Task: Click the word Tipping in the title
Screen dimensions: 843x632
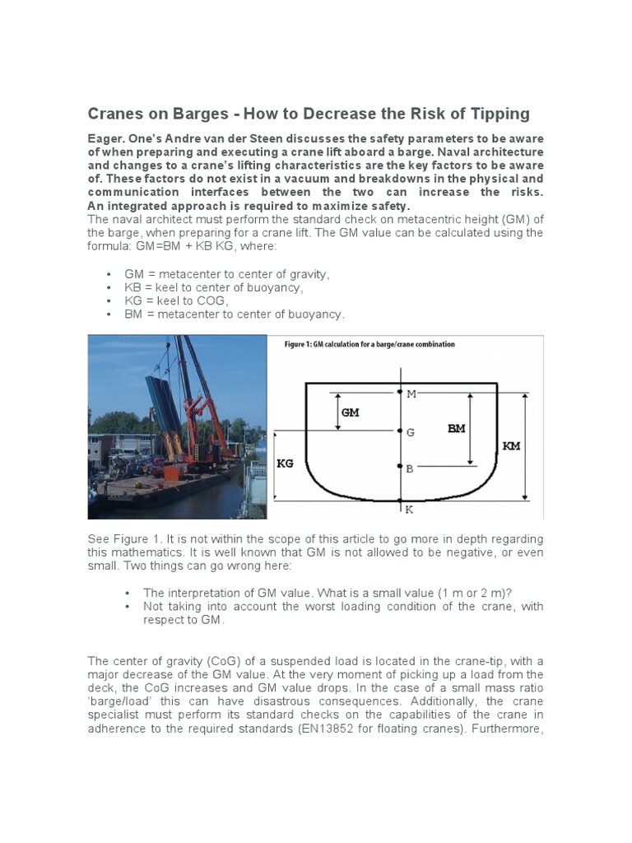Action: [490, 114]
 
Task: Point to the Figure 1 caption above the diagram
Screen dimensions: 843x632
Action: [369, 344]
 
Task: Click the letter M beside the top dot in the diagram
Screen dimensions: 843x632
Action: [411, 394]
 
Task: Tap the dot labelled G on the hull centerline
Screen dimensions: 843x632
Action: [400, 431]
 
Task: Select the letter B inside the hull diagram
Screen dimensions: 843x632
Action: [410, 468]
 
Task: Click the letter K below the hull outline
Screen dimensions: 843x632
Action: [409, 510]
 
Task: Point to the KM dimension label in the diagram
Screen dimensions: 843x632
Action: [511, 445]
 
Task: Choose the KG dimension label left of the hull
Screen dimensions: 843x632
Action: [285, 464]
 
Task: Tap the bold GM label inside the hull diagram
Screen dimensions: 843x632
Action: [351, 412]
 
